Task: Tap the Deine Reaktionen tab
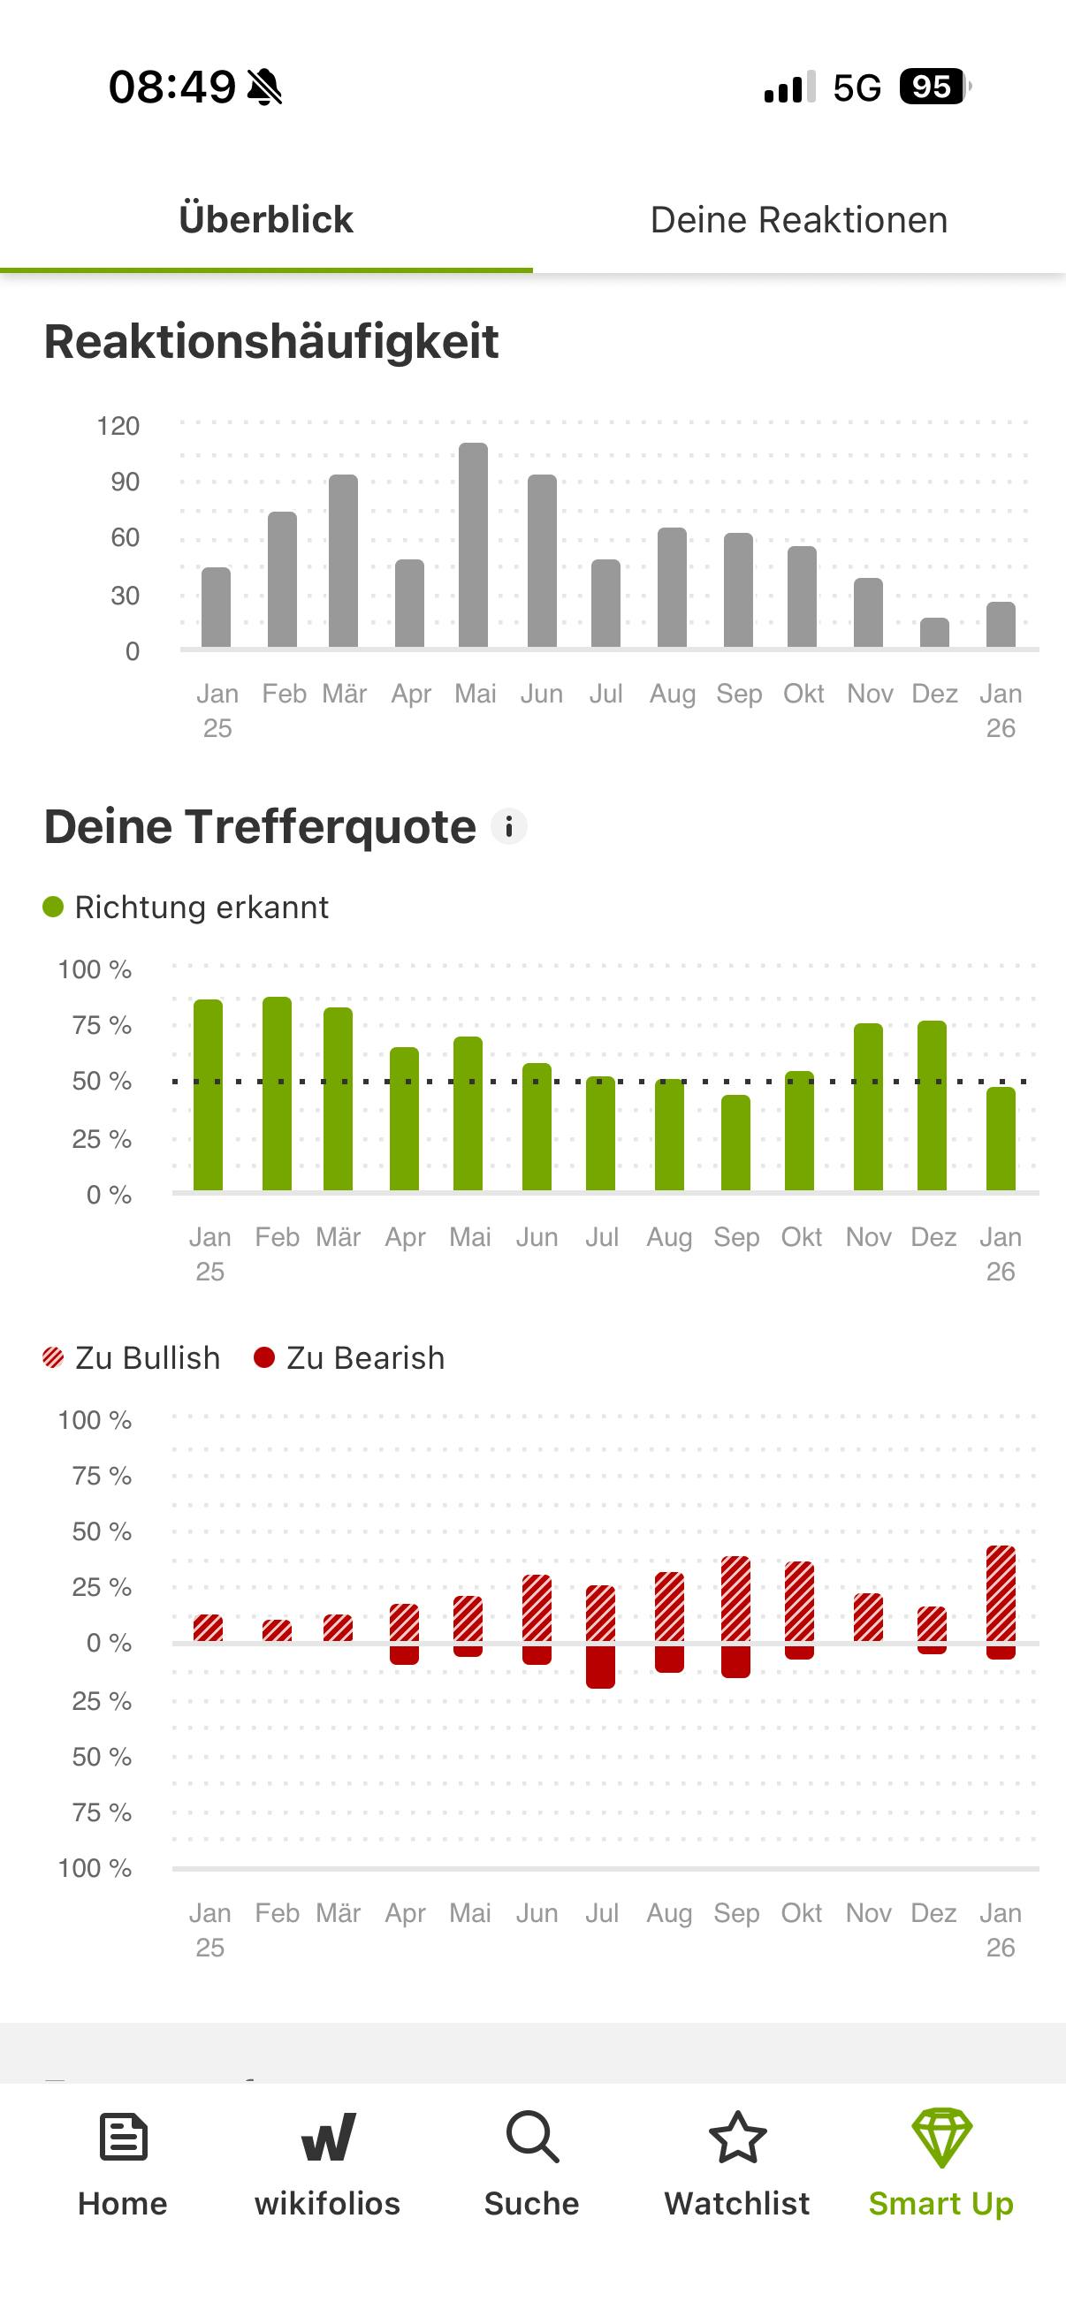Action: pyautogui.click(x=799, y=220)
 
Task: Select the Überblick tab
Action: pyautogui.click(x=266, y=220)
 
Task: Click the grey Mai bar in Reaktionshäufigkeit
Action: pyautogui.click(x=473, y=545)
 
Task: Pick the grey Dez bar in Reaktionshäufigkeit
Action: pyautogui.click(x=933, y=633)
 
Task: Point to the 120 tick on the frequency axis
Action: pyautogui.click(x=118, y=425)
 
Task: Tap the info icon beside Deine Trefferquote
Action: pyautogui.click(x=509, y=826)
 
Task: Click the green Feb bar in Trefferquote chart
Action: pyautogui.click(x=277, y=1093)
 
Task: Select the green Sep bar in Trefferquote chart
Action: pyautogui.click(x=735, y=1143)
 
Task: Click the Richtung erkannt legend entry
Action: pyautogui.click(x=187, y=907)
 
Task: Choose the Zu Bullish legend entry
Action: pyautogui.click(x=133, y=1357)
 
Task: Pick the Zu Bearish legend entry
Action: pyautogui.click(x=350, y=1357)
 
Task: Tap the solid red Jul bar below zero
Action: pyautogui.click(x=600, y=1666)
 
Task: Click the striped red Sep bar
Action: pyautogui.click(x=735, y=1599)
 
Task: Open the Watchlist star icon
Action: pyautogui.click(x=738, y=2137)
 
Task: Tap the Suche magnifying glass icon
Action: pyautogui.click(x=532, y=2137)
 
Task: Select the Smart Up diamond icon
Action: pyautogui.click(x=941, y=2137)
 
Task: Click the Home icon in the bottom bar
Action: pyautogui.click(x=123, y=2137)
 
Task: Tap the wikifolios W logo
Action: pyautogui.click(x=327, y=2137)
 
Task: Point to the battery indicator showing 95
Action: pyautogui.click(x=933, y=87)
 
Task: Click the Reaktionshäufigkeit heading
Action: pyautogui.click(x=270, y=342)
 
